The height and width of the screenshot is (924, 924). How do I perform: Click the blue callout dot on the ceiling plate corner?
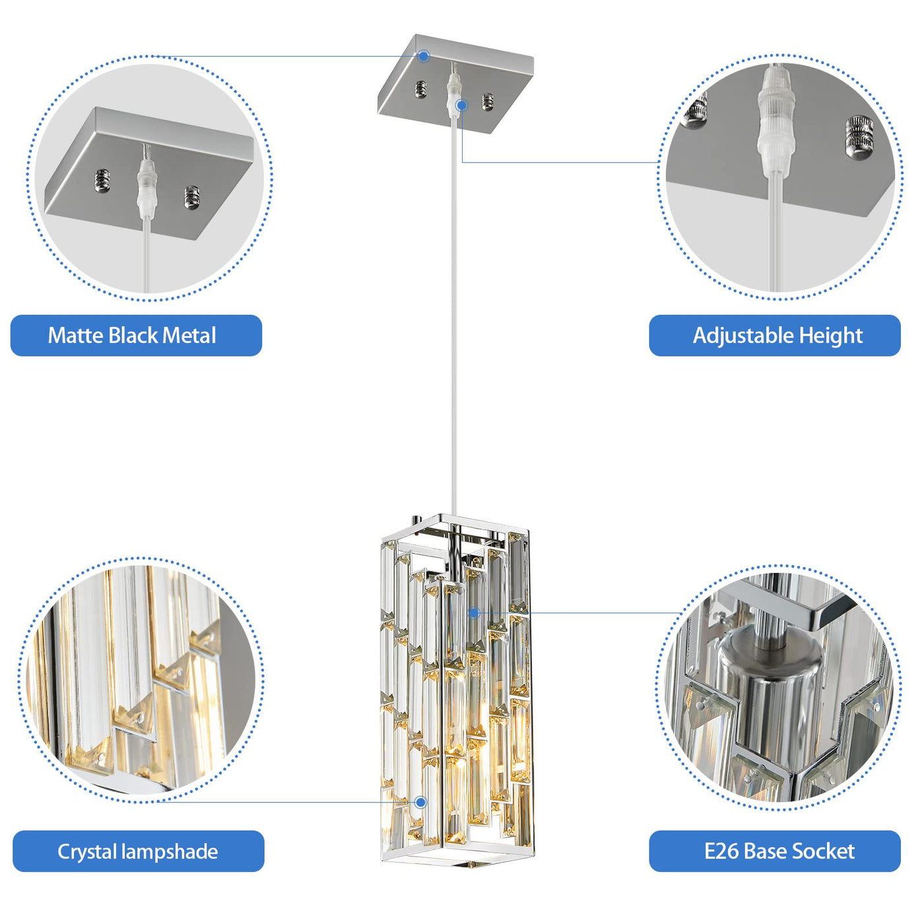tap(424, 56)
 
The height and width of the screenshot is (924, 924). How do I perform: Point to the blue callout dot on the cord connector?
tap(462, 105)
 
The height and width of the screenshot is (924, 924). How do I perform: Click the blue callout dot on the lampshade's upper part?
tap(474, 612)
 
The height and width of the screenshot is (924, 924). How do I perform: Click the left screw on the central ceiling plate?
tap(420, 88)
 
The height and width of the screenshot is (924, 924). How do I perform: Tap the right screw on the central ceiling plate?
tap(488, 102)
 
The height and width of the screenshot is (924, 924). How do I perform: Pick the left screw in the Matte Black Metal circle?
tap(102, 180)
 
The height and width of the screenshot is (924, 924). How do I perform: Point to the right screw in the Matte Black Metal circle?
tap(192, 197)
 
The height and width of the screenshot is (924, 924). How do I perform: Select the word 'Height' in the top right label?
tap(831, 337)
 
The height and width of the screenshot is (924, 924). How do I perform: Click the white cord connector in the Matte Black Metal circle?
tap(147, 181)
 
